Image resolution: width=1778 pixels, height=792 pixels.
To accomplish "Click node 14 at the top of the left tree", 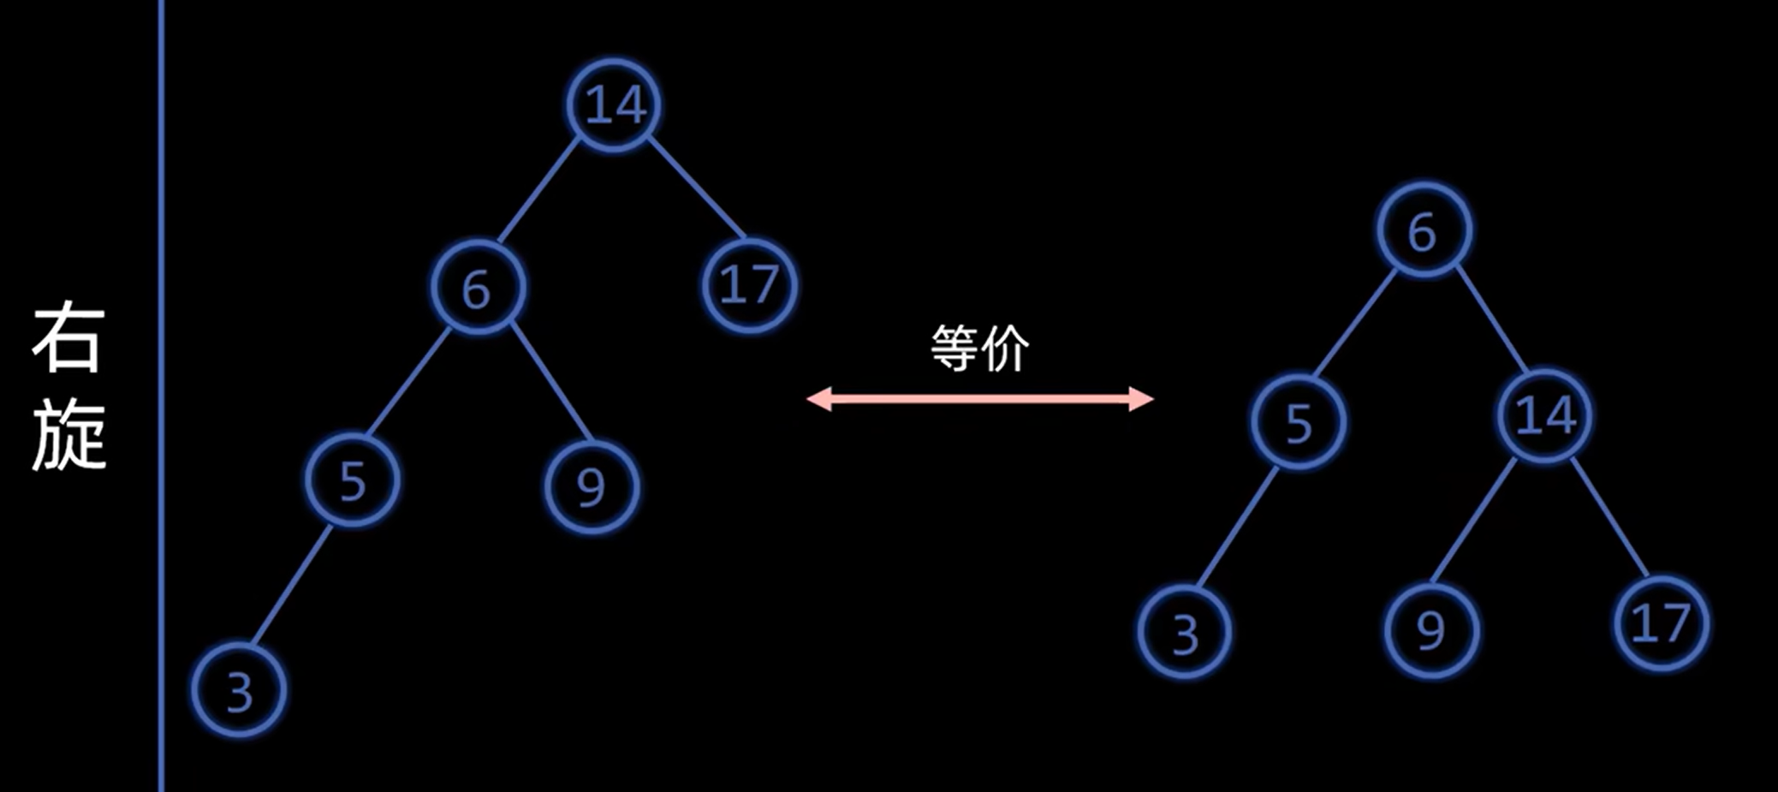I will [x=614, y=105].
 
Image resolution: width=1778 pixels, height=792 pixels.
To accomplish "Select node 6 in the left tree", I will [x=477, y=288].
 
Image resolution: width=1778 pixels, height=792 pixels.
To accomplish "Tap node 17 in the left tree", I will [x=749, y=285].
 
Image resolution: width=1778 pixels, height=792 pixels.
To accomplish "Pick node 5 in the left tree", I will [x=352, y=479].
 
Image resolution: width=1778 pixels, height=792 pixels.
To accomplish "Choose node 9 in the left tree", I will [x=591, y=486].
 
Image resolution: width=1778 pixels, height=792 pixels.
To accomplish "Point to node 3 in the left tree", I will [x=239, y=690].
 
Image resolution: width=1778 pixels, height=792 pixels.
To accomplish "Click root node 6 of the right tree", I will [x=1424, y=230].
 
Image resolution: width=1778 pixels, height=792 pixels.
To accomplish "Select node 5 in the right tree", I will [x=1298, y=422].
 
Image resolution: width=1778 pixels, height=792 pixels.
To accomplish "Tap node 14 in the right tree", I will [x=1544, y=416].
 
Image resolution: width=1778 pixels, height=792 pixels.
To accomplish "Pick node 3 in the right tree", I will [x=1185, y=633].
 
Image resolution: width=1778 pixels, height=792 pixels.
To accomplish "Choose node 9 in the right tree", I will [x=1431, y=631].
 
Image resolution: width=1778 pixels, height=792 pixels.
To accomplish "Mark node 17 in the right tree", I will [x=1661, y=622].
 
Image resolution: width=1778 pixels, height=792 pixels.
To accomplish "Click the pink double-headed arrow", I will [x=980, y=398].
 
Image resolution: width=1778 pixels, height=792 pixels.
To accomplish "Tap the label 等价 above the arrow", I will [x=980, y=348].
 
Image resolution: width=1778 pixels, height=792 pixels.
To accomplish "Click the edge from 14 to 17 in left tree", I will [x=696, y=188].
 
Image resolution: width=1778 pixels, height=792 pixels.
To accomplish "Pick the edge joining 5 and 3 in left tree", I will [x=292, y=586].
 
